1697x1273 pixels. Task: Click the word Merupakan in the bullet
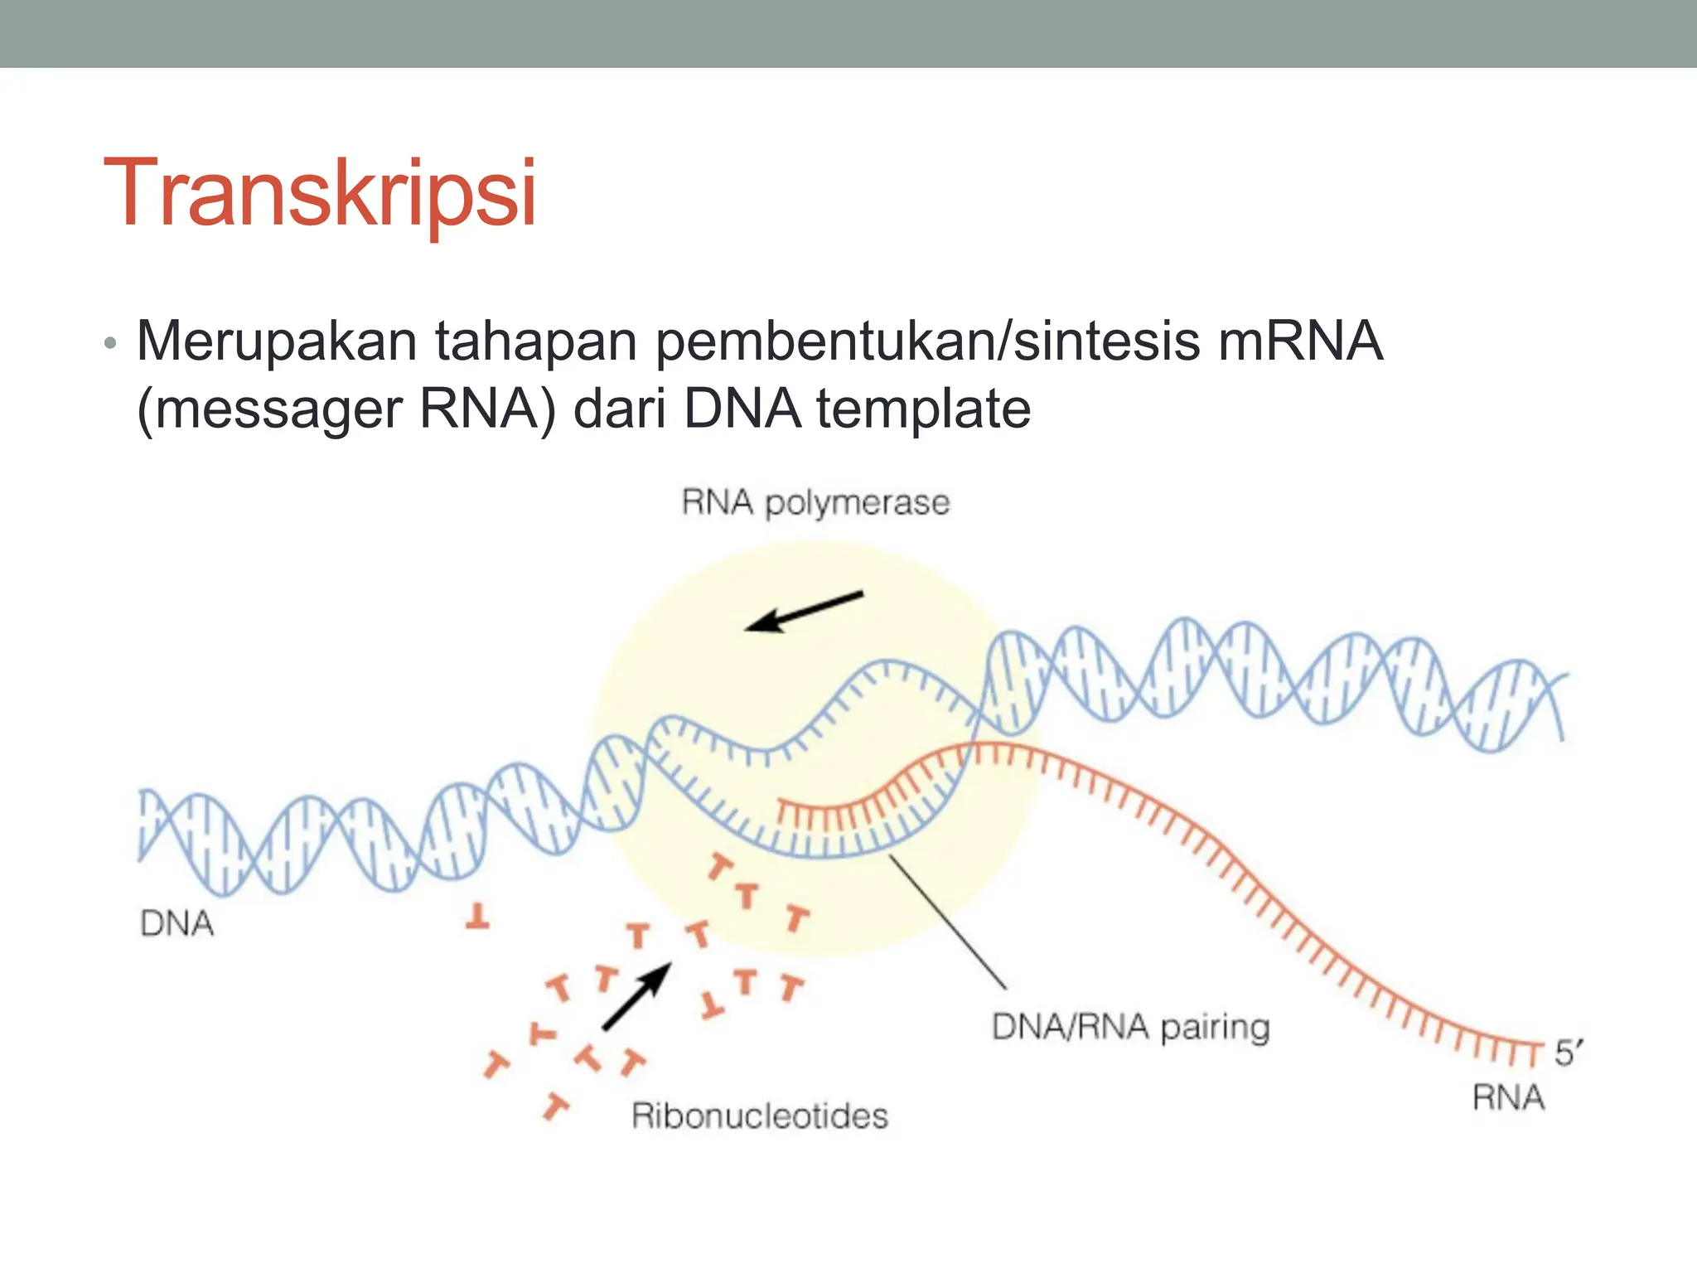coord(277,341)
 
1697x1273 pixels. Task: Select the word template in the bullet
coord(924,409)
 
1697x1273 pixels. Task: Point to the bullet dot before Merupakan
coord(111,344)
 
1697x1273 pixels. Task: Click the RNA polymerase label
coord(815,503)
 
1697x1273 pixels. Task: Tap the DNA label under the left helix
coord(176,923)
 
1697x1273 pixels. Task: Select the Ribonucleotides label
coord(759,1116)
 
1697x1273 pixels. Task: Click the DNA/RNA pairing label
coord(1130,1028)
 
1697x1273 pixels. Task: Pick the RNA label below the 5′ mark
coord(1508,1098)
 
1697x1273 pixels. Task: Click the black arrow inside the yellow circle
coord(803,612)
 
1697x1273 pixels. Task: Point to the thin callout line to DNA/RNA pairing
coord(948,922)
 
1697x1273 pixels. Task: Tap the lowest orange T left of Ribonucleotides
coord(555,1106)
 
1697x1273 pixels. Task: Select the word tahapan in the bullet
coord(535,341)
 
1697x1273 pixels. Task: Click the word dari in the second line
coord(620,409)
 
